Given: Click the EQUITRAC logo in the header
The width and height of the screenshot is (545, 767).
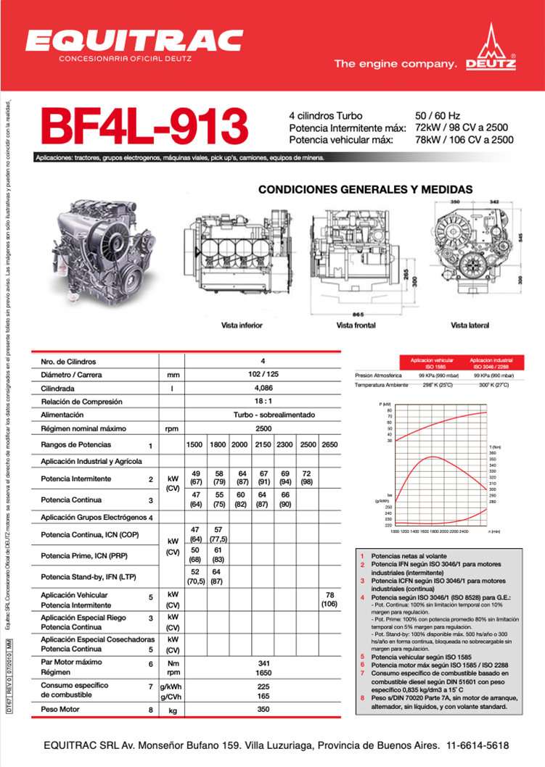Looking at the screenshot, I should point(134,41).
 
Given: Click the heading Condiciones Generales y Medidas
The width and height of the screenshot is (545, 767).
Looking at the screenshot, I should point(365,189).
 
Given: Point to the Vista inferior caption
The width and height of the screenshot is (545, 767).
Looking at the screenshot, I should point(242,326).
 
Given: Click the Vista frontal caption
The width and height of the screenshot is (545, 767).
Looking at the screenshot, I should point(356,326).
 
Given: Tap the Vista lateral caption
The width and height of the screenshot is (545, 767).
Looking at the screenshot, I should point(468,326).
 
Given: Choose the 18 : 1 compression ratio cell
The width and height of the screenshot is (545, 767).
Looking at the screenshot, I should point(263,402).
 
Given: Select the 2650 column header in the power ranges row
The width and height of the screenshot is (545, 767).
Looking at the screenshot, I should point(329,444).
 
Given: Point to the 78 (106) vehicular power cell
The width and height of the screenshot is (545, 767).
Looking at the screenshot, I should point(329,599).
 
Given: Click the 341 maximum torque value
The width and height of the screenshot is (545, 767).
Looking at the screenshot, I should point(263,663).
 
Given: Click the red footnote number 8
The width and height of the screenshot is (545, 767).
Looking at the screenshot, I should point(361,699).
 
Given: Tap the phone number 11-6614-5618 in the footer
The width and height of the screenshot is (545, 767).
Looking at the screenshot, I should point(478,745).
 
